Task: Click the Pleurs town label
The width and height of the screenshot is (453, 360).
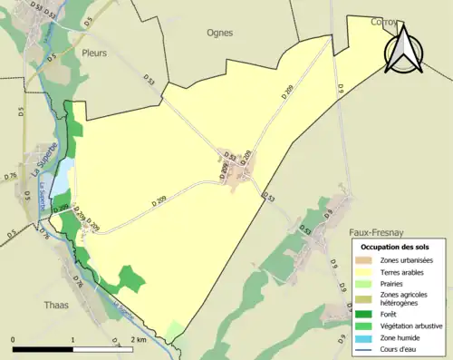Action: pos(94,53)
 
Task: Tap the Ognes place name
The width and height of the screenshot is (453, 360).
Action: pos(220,33)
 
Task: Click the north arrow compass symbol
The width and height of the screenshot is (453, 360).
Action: pos(402,47)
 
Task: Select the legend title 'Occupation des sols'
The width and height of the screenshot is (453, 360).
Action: pos(395,247)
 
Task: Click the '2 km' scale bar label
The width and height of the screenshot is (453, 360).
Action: pos(138,340)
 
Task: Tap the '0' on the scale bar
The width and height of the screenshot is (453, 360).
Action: pos(13,340)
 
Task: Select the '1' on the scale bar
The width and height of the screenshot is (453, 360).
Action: pos(72,340)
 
